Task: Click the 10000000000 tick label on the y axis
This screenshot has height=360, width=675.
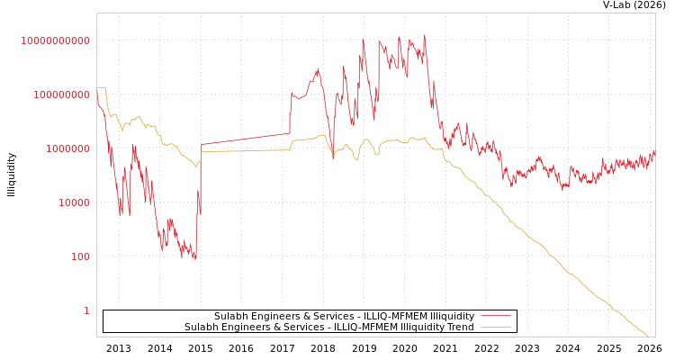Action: pyautogui.click(x=56, y=40)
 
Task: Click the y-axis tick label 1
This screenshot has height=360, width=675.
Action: pyautogui.click(x=86, y=310)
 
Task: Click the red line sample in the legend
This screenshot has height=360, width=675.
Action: pyautogui.click(x=495, y=316)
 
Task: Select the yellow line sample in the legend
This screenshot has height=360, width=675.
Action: pyautogui.click(x=495, y=327)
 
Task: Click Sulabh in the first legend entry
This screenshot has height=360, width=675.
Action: pyautogui.click(x=230, y=316)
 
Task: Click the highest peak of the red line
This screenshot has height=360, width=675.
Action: pyautogui.click(x=425, y=35)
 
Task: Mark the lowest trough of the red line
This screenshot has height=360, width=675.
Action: pyautogui.click(x=195, y=260)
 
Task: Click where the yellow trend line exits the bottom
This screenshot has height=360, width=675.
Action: pyautogui.click(x=648, y=337)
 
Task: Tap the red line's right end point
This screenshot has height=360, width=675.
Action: pyautogui.click(x=654, y=151)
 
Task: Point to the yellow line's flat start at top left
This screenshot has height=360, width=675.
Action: pyautogui.click(x=101, y=87)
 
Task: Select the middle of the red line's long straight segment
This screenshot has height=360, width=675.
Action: pyautogui.click(x=245, y=139)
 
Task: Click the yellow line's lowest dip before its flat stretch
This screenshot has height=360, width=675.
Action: pyautogui.click(x=196, y=166)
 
